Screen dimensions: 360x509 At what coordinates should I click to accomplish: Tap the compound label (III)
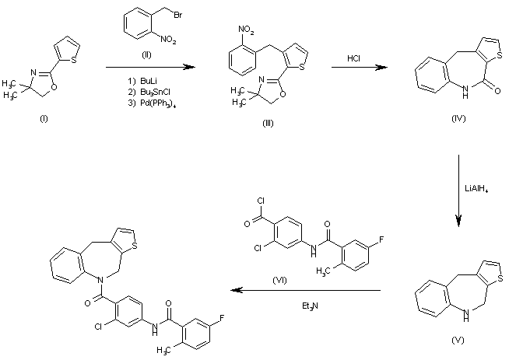click(x=269, y=124)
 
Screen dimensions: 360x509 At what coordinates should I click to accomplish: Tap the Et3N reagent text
click(x=312, y=306)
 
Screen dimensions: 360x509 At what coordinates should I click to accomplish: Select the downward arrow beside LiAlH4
click(x=458, y=191)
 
